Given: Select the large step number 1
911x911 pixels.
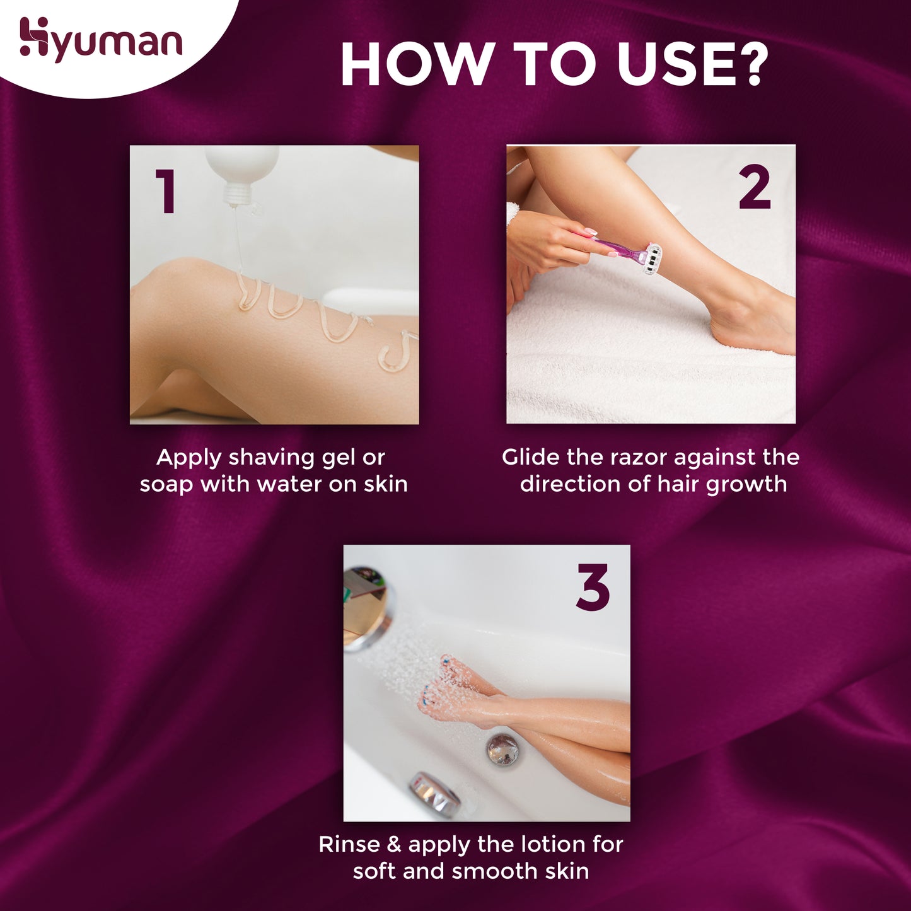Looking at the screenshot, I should coord(165,191).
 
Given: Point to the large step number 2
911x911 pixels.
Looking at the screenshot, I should coord(755,187).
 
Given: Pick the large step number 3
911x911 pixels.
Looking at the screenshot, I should coord(593,588).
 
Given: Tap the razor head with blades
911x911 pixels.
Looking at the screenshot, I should coord(652,259).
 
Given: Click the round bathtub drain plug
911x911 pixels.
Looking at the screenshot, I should coord(502,749).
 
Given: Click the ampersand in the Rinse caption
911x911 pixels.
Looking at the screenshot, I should coord(394,844).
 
